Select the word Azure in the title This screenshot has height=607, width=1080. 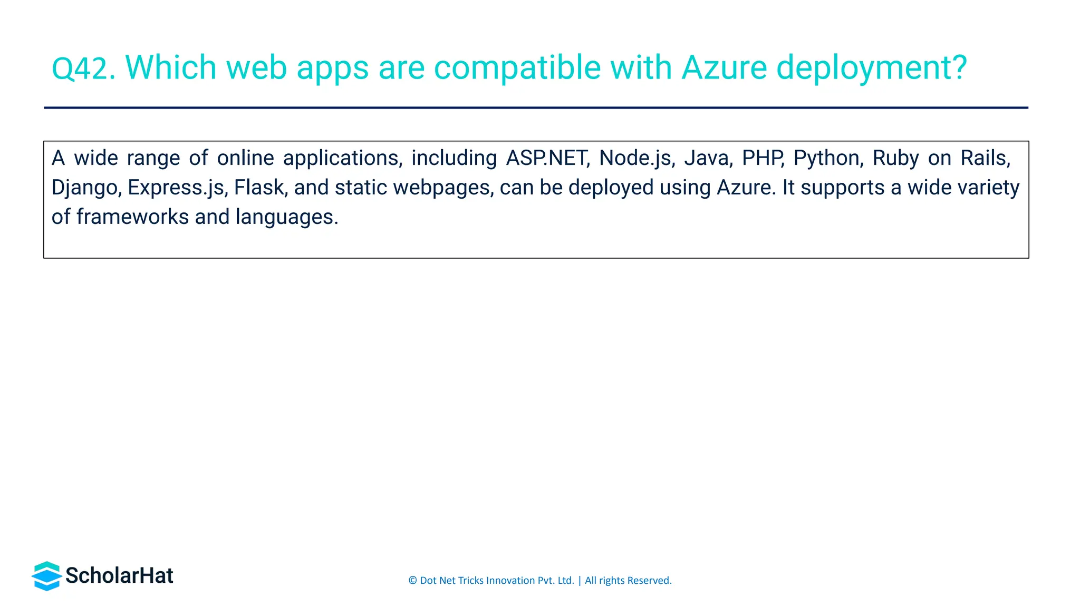pos(724,68)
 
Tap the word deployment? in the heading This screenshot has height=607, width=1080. pos(872,68)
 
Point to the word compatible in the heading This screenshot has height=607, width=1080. pos(517,68)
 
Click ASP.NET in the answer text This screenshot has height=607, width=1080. pos(547,158)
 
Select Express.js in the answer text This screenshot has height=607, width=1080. pos(178,188)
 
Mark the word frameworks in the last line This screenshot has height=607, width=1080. pos(132,217)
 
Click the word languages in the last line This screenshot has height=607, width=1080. pos(286,217)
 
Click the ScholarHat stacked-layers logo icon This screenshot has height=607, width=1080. pos(47,576)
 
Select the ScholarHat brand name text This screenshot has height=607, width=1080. pos(119,576)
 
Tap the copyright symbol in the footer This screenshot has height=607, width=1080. pos(413,581)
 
